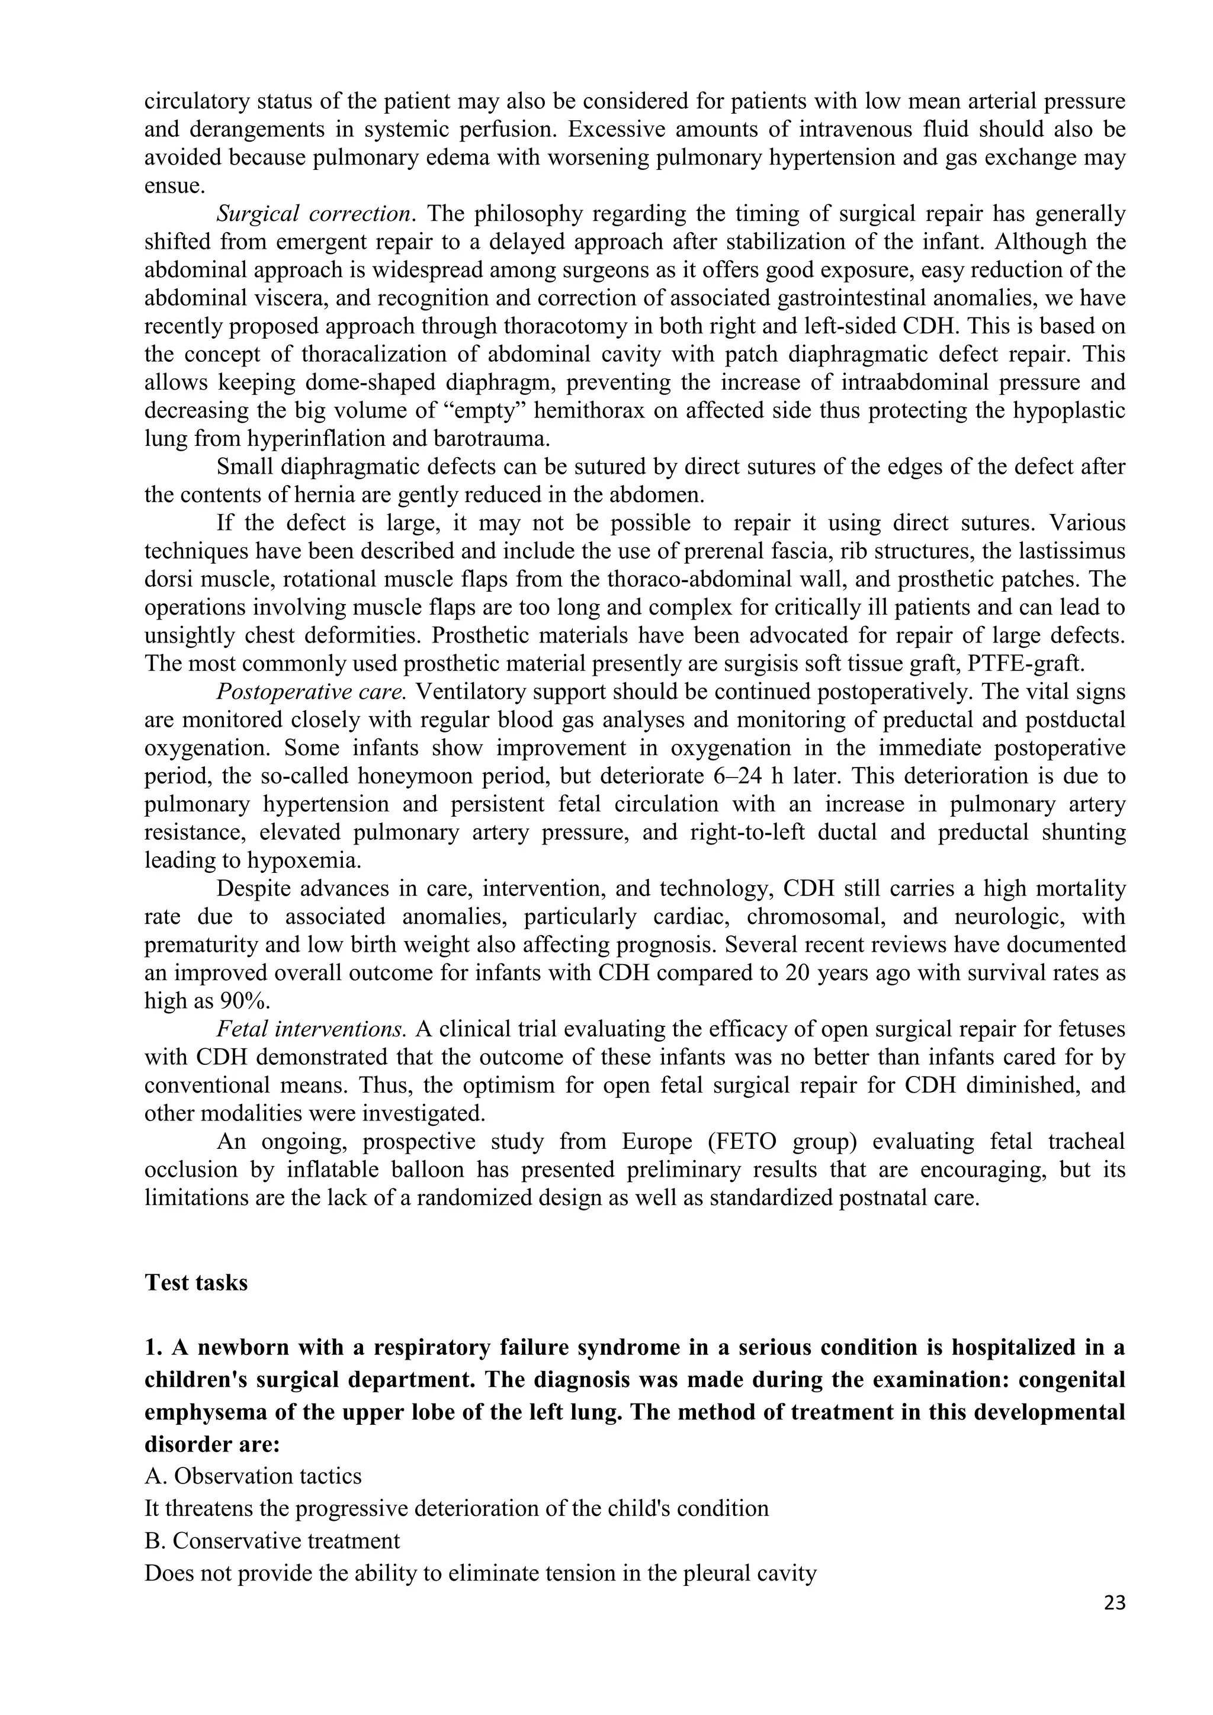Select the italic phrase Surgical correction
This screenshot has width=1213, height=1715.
click(x=314, y=214)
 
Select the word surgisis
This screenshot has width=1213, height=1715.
click(x=646, y=663)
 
